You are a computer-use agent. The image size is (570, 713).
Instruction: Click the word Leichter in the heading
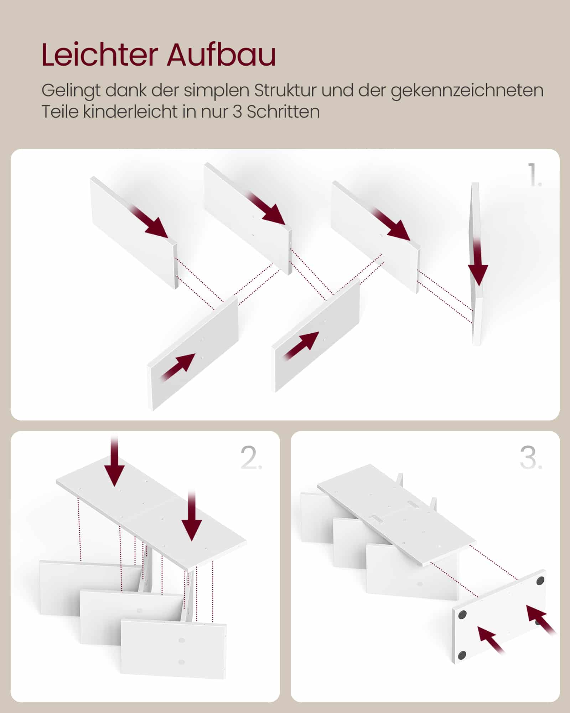[x=100, y=55]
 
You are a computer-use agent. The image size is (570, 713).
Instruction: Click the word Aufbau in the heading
[x=221, y=55]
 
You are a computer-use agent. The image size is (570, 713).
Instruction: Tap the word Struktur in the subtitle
[x=285, y=91]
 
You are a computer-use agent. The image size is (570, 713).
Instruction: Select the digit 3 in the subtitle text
[x=238, y=112]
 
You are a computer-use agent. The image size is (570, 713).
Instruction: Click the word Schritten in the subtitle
[x=283, y=112]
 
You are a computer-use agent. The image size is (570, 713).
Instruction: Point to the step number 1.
[x=534, y=175]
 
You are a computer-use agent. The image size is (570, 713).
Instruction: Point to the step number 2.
[x=251, y=458]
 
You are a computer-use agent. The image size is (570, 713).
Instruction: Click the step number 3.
[x=531, y=458]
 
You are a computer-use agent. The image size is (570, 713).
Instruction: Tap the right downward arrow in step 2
[x=192, y=521]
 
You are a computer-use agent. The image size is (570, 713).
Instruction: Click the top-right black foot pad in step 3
[x=540, y=581]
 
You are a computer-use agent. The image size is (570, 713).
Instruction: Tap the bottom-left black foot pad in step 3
[x=462, y=654]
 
